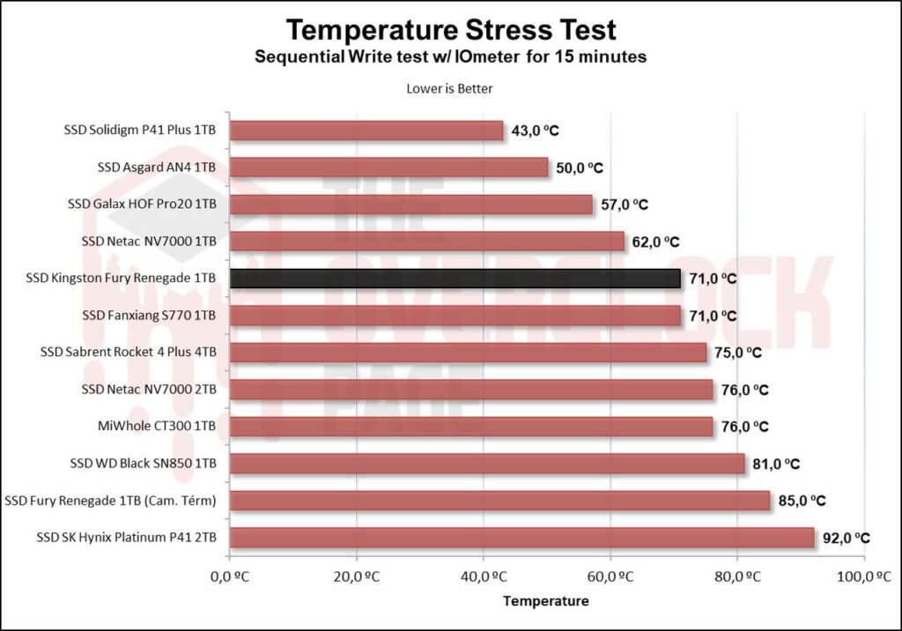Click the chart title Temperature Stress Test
click(x=450, y=30)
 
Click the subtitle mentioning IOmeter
click(x=450, y=57)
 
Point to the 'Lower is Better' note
click(x=450, y=88)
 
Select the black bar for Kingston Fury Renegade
click(x=455, y=278)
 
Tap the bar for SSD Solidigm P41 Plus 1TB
click(x=366, y=130)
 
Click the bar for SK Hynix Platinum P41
click(x=521, y=538)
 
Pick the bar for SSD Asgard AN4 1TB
click(x=388, y=167)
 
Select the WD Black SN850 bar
click(x=486, y=464)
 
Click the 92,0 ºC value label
click(x=846, y=538)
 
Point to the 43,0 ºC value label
click(x=535, y=130)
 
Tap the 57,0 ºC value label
click(x=624, y=204)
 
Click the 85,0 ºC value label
click(x=802, y=501)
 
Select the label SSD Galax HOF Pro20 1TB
click(x=142, y=204)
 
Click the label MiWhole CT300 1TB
click(x=158, y=427)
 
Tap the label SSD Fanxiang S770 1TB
click(x=149, y=315)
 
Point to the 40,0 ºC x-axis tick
click(x=483, y=577)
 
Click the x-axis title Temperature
click(x=545, y=602)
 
